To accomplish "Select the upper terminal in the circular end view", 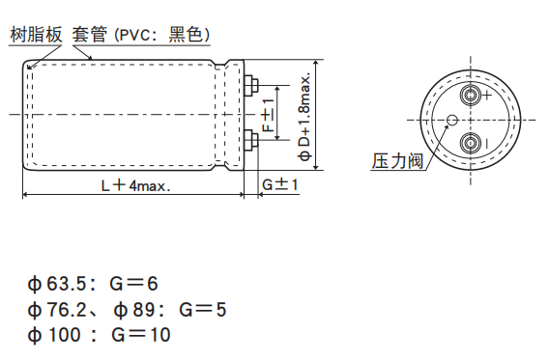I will point(471,96).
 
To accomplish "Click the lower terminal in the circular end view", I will point(471,144).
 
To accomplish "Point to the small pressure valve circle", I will point(451,121).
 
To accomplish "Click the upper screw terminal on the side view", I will point(253,87).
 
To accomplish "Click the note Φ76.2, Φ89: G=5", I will point(127,310).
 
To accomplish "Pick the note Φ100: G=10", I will point(99,335).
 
